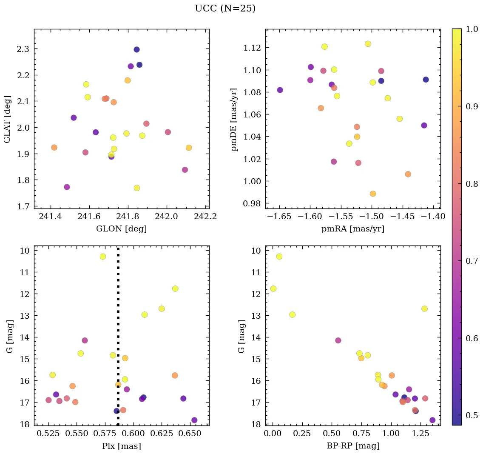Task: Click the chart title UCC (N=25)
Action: (225, 9)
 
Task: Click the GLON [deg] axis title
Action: (121, 229)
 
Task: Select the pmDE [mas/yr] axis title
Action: (234, 120)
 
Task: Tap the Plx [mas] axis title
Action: (121, 446)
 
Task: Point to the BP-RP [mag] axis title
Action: (353, 446)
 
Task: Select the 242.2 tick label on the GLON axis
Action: (205, 217)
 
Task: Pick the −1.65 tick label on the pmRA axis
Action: (279, 217)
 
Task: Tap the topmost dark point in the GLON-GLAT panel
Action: (136, 49)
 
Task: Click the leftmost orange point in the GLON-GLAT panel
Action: (54, 147)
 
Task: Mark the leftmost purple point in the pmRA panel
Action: (280, 90)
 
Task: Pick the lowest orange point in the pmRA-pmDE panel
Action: (373, 194)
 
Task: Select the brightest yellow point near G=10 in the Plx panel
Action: (103, 256)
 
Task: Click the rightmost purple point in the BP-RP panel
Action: (432, 420)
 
